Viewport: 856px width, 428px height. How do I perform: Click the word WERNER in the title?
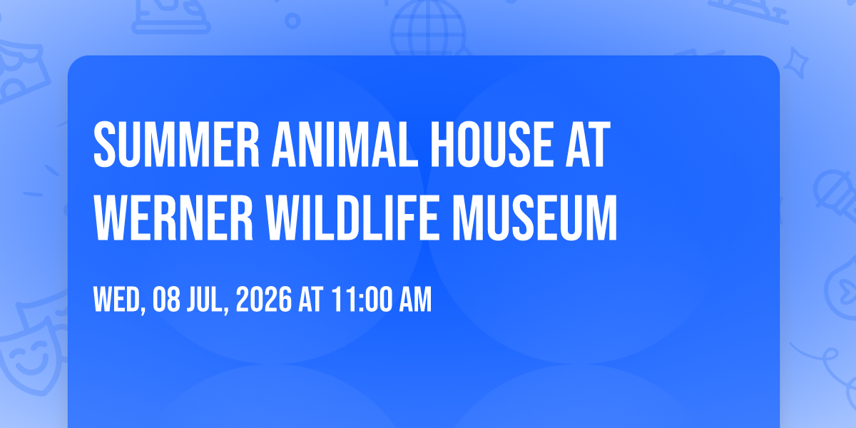173,218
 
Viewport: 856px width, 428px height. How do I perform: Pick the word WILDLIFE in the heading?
352,218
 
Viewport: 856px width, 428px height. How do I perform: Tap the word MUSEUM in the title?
534,218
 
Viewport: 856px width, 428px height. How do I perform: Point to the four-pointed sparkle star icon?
796,63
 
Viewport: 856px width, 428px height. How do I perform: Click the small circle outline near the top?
292,21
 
